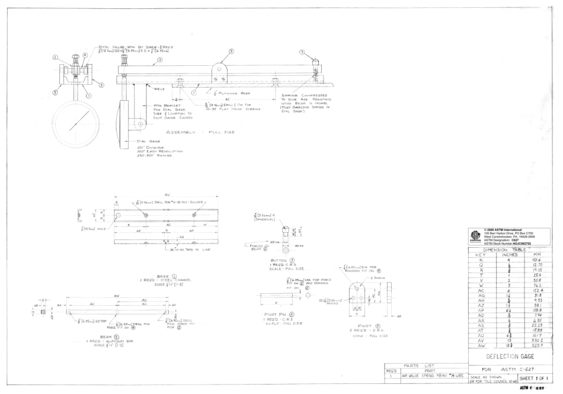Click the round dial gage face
[76, 122]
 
